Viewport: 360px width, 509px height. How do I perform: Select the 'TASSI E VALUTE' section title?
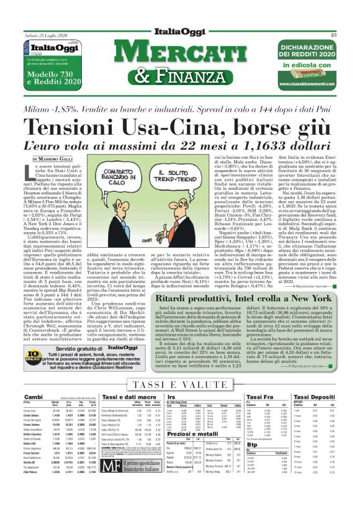(x=180, y=385)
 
